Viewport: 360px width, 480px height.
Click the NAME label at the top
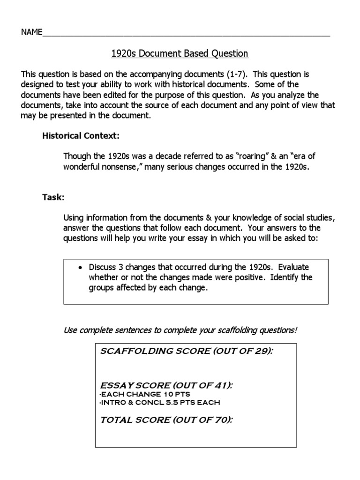(x=31, y=32)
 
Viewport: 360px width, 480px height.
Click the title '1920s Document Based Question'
(x=180, y=53)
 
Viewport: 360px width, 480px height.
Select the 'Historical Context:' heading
(x=81, y=136)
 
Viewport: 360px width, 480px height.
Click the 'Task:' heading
(x=53, y=197)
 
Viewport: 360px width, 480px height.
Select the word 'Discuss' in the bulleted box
(x=102, y=267)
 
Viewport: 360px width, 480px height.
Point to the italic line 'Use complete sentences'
(x=180, y=330)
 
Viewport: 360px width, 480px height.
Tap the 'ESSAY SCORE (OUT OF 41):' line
(x=166, y=385)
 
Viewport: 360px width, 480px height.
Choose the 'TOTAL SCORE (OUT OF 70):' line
(x=166, y=420)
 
